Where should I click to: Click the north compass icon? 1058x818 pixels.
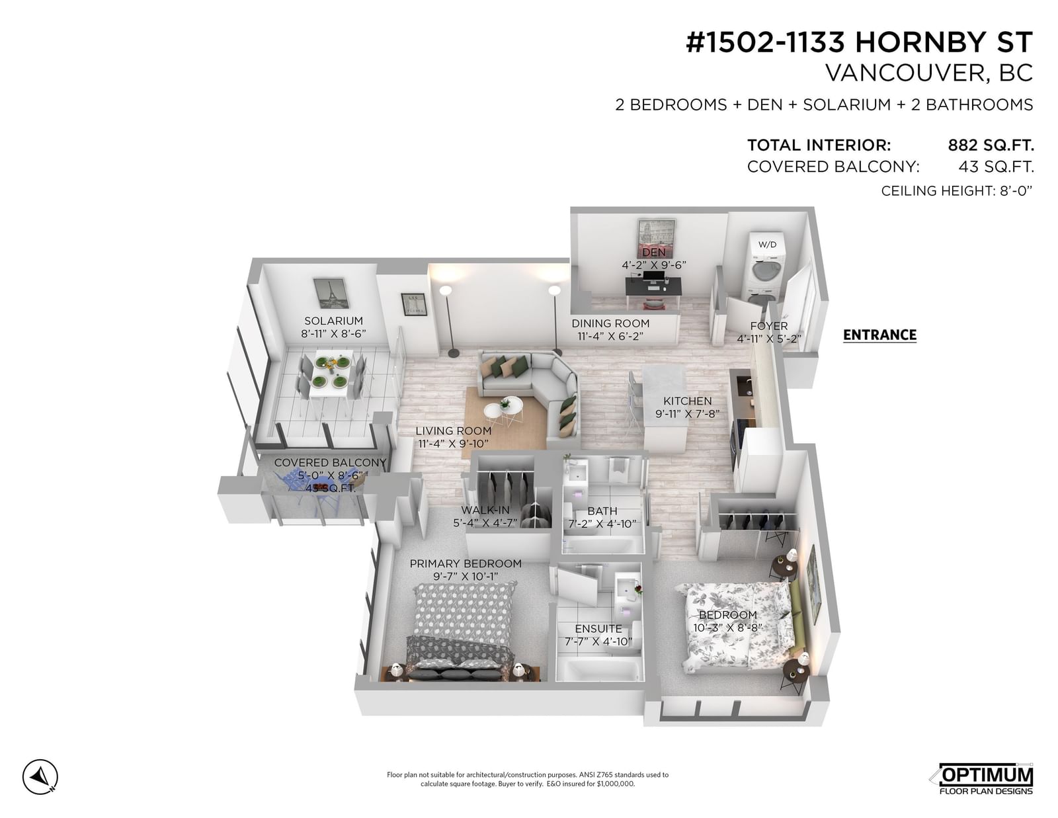40,776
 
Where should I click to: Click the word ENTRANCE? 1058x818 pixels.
879,335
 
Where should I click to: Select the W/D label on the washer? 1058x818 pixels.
767,245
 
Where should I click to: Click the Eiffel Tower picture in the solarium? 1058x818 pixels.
331,293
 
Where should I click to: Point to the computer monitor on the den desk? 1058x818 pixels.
653,278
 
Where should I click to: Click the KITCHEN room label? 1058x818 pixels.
687,401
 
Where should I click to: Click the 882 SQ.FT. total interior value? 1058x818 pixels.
991,145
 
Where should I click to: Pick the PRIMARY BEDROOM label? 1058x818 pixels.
466,563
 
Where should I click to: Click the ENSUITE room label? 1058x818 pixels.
598,629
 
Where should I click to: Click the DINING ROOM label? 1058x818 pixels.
610,323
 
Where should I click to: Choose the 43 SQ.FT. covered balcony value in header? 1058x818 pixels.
996,167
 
